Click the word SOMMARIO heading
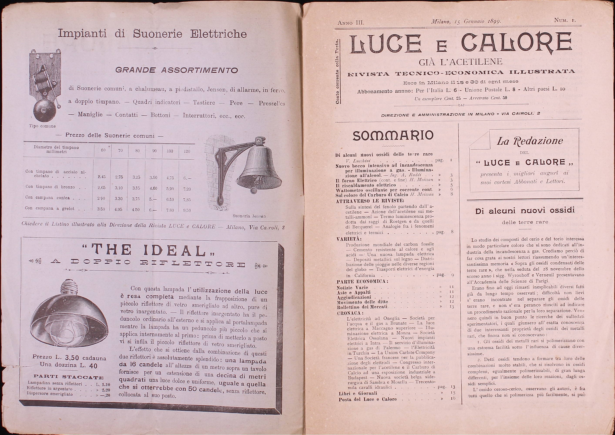coord(393,136)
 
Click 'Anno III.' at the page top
coord(351,22)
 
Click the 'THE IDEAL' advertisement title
coord(150,250)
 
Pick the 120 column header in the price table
coord(187,151)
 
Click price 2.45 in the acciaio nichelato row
coord(102,177)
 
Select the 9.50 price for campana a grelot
coord(187,210)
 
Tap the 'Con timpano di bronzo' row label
coord(50,187)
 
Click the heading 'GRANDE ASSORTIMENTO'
coord(176,70)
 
